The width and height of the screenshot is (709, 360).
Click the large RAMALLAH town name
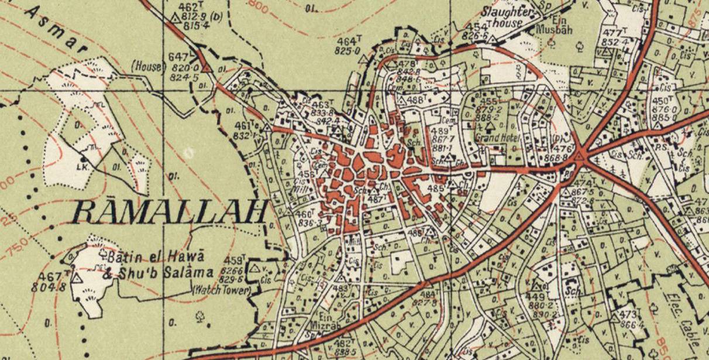point(170,212)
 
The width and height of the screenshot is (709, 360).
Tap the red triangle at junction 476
point(579,155)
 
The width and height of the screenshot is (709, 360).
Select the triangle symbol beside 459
point(254,269)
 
